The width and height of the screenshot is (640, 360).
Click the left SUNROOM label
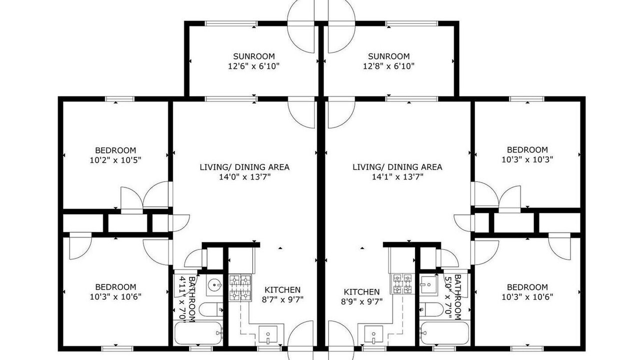coord(253,56)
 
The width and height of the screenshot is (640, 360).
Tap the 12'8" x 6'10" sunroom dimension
coord(388,66)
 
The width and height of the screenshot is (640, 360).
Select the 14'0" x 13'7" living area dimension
coord(244,177)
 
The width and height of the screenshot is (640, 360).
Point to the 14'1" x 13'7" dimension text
coord(397,177)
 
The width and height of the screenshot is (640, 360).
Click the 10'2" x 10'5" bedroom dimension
coord(115,160)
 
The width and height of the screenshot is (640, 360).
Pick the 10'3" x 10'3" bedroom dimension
coord(527,159)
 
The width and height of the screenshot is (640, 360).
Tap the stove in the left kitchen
coord(240,287)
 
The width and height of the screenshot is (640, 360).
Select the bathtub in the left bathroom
coord(198,333)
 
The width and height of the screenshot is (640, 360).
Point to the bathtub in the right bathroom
coord(444,333)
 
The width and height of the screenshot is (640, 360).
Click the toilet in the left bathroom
coord(211,309)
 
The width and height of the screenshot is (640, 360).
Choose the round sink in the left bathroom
coord(214,285)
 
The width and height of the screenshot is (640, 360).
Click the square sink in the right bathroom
coord(429,285)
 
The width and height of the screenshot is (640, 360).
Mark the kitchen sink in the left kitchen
coord(268,334)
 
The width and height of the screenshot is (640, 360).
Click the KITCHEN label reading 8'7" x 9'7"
coord(282,295)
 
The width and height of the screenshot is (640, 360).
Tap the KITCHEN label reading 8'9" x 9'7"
coord(361,297)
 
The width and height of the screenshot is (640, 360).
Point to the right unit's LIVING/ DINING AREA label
coord(397,167)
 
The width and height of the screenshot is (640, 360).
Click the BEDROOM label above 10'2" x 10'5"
coord(115,150)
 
